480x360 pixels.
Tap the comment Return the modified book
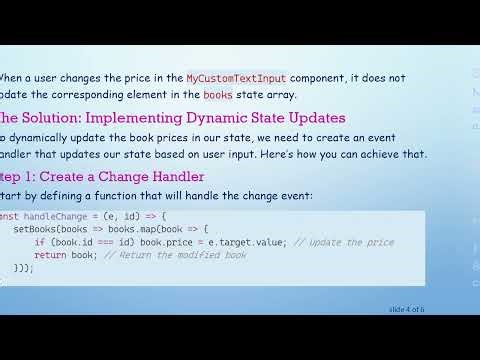click(181, 255)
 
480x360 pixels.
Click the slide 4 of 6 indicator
click(407, 310)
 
